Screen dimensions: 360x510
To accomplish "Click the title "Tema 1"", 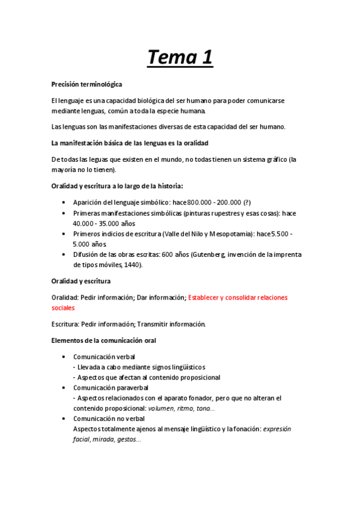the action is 180,58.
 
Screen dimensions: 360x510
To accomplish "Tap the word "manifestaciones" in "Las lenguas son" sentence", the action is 133,127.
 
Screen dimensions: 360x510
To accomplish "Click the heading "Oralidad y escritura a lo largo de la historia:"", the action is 121,186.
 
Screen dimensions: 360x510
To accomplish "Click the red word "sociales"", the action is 63,307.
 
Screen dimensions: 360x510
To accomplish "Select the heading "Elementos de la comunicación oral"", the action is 103,340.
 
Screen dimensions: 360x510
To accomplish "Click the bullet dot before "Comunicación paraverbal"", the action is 64,388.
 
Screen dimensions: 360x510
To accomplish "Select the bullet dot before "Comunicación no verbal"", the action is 64,419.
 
